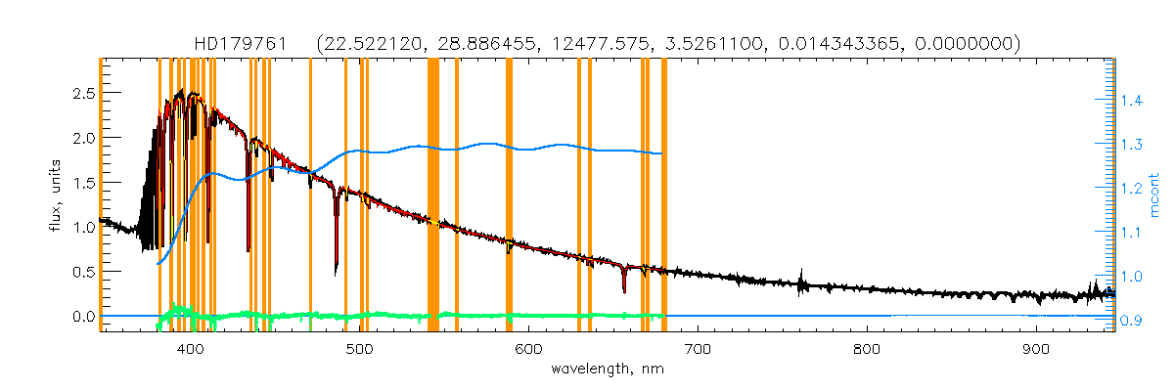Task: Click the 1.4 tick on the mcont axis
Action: click(x=1131, y=101)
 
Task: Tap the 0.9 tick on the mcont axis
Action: click(x=1131, y=321)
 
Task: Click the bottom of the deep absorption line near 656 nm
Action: click(x=624, y=291)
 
